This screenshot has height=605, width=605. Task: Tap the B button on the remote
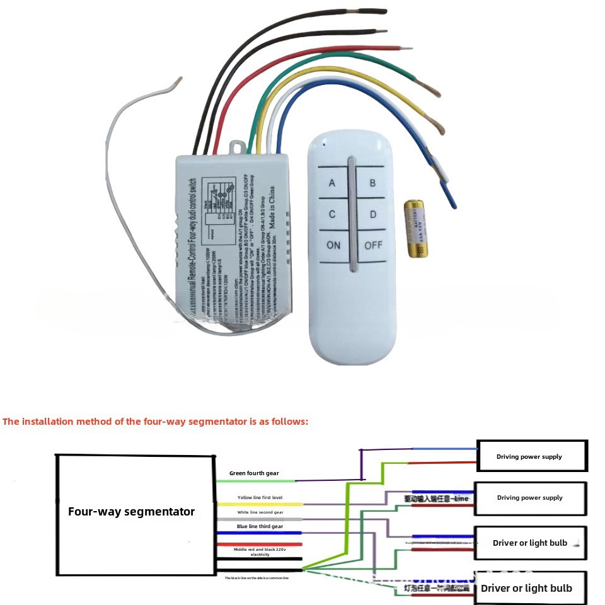[372, 183]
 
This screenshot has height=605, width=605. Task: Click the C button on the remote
[332, 215]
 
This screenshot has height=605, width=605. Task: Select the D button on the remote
[372, 215]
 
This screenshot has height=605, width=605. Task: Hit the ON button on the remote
[333, 245]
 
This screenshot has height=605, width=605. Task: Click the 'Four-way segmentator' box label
[131, 512]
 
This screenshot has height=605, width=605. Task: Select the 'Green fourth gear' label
[254, 473]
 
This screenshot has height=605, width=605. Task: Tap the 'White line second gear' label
[260, 512]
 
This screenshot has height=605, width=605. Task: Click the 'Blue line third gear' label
[260, 526]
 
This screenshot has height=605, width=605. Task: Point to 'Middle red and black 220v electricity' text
[260, 552]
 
